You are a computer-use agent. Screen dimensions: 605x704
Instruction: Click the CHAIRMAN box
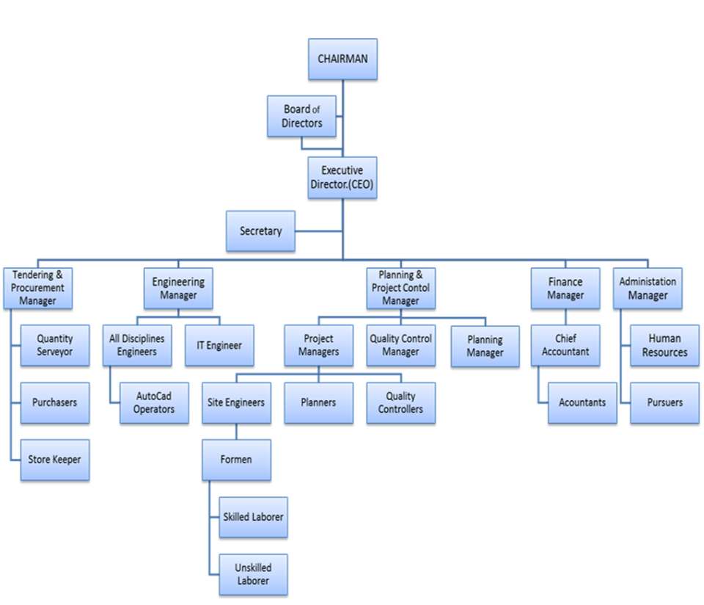[342, 59]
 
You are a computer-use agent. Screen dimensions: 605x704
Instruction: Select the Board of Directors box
[301, 116]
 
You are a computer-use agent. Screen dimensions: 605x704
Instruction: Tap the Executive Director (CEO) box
[342, 178]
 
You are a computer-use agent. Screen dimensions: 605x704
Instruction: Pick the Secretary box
[260, 231]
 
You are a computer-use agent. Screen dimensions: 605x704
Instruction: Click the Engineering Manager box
[178, 288]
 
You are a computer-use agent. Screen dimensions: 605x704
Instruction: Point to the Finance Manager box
[565, 288]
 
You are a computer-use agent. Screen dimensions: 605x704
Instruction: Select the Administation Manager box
[648, 288]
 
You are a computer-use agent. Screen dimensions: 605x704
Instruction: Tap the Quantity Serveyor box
[55, 345]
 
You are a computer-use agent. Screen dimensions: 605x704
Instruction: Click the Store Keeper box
[55, 460]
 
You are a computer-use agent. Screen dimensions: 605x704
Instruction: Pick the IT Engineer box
[219, 345]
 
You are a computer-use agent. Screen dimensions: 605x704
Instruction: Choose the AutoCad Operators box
[154, 402]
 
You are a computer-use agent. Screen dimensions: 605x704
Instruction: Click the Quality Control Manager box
[400, 345]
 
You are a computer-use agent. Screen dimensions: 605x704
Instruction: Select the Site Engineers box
[237, 402]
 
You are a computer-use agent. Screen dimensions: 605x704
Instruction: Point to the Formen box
[237, 460]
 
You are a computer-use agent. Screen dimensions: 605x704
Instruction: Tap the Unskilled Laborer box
[252, 574]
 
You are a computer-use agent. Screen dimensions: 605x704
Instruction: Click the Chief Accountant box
[565, 345]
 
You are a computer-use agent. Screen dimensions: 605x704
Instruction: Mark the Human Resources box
[664, 345]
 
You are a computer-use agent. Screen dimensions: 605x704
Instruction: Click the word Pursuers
[664, 402]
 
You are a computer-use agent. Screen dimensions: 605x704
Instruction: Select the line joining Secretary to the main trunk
[318, 231]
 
